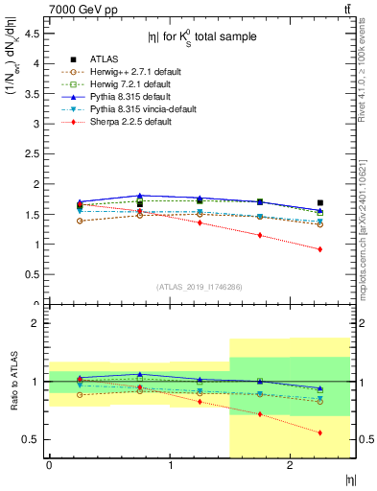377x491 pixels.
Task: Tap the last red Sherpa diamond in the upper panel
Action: (320, 249)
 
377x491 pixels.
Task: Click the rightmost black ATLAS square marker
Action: (320, 202)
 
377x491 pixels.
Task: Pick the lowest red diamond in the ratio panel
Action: (320, 433)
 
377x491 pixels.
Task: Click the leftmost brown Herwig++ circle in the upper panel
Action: (79, 221)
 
